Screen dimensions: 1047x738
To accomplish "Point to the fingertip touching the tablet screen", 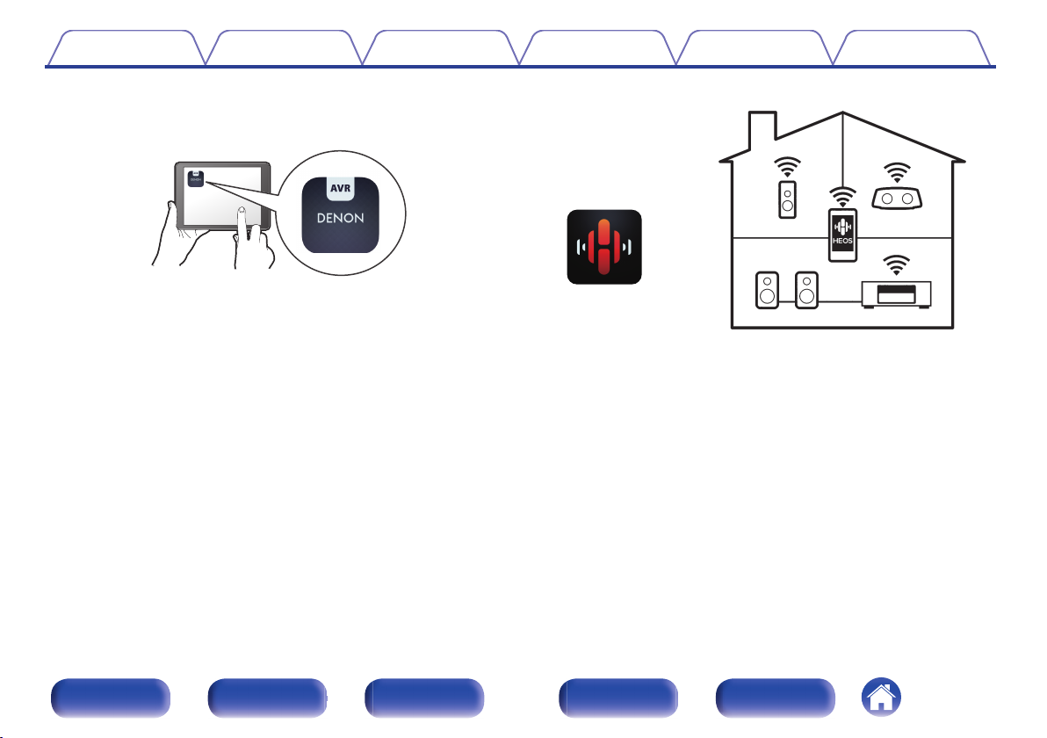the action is click(241, 213).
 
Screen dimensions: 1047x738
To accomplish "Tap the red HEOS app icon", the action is click(604, 247).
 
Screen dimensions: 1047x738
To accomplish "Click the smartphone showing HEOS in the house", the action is click(842, 235).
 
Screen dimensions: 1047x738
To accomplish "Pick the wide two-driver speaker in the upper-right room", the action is click(897, 198).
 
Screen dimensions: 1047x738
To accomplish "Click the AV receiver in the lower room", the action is click(897, 292).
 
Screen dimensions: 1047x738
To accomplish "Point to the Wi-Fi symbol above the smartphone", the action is click(842, 198).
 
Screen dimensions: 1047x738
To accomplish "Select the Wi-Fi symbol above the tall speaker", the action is click(788, 167).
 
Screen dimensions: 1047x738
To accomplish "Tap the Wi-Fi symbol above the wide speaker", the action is click(897, 172).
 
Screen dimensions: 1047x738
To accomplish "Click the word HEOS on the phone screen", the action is click(842, 242).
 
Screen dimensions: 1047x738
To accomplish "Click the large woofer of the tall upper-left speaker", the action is click(788, 208).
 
